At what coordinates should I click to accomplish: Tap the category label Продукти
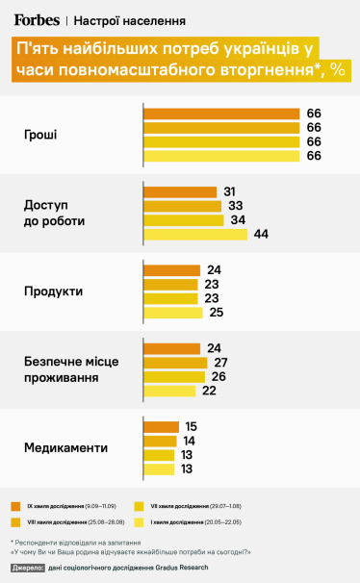click(x=52, y=291)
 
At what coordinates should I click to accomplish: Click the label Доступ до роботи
click(x=54, y=213)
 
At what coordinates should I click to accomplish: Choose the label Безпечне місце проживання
click(x=70, y=369)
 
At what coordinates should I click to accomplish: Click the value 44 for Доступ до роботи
click(x=260, y=234)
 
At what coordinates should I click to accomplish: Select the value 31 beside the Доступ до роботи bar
click(x=230, y=191)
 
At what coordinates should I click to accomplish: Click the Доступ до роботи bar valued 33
click(x=182, y=206)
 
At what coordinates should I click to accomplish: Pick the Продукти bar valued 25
click(x=172, y=313)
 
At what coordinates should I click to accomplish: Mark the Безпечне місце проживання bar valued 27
click(x=175, y=362)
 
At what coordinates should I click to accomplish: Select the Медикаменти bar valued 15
click(x=161, y=426)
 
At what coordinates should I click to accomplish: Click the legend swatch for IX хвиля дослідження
click(x=15, y=505)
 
